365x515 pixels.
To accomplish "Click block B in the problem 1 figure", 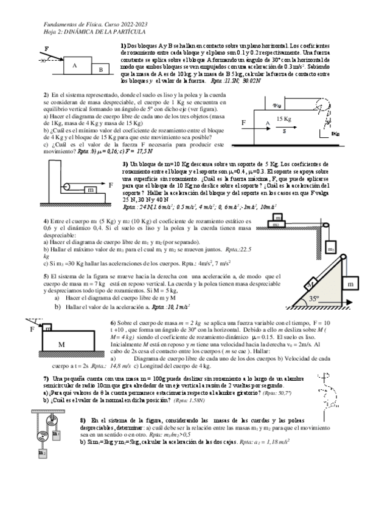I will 100,69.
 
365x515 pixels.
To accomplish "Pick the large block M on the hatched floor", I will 61,345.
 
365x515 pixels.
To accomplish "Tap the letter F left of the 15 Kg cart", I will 244,123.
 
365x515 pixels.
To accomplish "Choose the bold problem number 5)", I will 46,275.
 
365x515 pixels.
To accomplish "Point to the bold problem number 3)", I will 124,164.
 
